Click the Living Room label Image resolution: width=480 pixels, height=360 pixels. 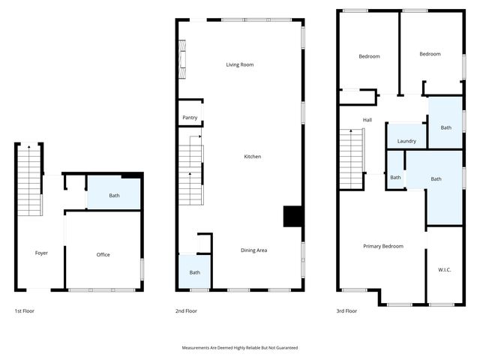(240, 65)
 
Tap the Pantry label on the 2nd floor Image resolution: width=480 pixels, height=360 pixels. (190, 118)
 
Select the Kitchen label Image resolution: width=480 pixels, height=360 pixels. (253, 157)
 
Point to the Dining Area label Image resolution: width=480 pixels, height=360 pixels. (253, 250)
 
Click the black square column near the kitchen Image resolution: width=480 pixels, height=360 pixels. (292, 216)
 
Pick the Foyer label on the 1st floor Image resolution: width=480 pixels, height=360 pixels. (41, 253)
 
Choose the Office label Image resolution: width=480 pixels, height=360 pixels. (103, 255)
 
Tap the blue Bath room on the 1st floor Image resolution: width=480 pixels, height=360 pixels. (114, 195)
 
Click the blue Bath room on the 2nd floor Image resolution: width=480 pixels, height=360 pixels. (194, 272)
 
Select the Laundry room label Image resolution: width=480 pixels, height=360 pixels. (406, 141)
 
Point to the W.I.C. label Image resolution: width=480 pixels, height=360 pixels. (444, 270)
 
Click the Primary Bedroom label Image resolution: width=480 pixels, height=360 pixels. (382, 247)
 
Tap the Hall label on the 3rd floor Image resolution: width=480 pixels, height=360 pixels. (367, 120)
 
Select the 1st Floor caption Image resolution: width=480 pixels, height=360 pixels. (24, 310)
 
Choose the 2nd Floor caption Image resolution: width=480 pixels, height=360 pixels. (187, 310)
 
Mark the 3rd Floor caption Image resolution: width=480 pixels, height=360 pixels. (346, 310)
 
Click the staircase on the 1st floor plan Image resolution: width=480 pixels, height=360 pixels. (30, 180)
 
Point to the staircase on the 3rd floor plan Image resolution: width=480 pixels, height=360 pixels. (352, 159)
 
